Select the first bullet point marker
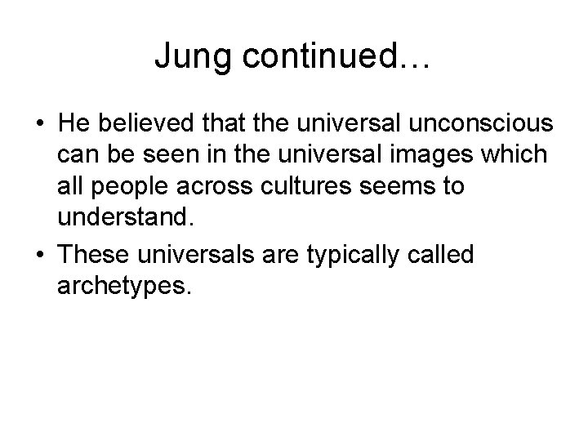(40, 125)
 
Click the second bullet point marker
(40, 255)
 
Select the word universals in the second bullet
(195, 255)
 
